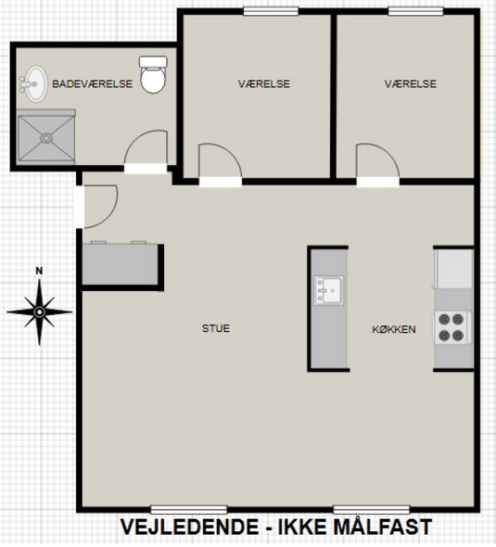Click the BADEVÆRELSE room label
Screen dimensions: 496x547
tap(93, 83)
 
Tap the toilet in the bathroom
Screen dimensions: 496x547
tap(153, 75)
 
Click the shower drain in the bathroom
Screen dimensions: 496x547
tap(46, 138)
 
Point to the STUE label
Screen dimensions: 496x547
tap(216, 328)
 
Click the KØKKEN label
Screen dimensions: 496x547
tap(394, 329)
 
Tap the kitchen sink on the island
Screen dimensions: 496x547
tap(328, 290)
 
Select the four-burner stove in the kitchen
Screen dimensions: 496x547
tap(451, 327)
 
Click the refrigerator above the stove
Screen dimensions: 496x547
tap(453, 269)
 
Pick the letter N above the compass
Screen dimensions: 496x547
tap(40, 271)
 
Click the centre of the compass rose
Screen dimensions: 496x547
tap(39, 312)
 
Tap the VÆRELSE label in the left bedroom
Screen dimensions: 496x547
tap(264, 83)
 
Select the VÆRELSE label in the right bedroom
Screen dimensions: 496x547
tap(411, 83)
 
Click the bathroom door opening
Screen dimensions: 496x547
tap(146, 169)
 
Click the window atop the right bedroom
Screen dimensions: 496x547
tap(415, 11)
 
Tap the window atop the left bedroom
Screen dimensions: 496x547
tap(271, 11)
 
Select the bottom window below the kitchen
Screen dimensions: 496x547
tap(372, 510)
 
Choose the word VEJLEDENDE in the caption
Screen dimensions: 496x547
tap(190, 528)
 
